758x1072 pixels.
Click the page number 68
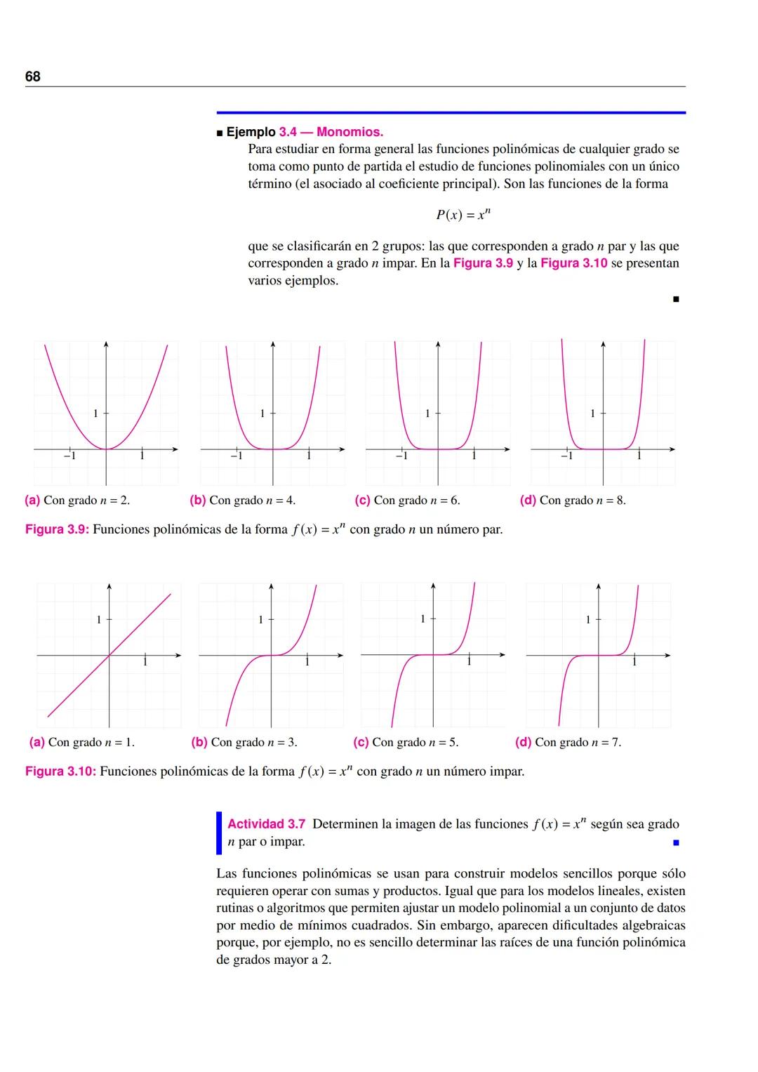point(33,77)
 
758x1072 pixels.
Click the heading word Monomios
point(350,132)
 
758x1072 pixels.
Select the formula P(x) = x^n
point(463,215)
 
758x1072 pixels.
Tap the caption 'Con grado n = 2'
point(86,501)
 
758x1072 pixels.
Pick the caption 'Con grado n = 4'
point(252,501)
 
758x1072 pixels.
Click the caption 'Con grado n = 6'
point(417,501)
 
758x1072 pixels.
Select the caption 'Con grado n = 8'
point(583,501)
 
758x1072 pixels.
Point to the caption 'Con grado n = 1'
point(91,742)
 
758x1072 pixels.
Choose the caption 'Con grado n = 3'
point(253,742)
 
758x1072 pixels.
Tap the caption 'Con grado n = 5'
point(415,742)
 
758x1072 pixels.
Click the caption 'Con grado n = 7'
point(578,742)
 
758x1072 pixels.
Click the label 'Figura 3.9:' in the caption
point(57,529)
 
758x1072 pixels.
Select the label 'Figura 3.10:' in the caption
point(60,772)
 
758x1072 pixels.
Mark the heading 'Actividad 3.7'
point(266,824)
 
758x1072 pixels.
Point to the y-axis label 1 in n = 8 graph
point(592,413)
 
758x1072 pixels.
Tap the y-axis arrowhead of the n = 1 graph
point(109,585)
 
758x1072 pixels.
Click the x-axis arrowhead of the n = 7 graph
point(672,656)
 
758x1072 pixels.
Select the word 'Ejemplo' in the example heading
point(251,132)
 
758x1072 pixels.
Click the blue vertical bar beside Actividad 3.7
point(219,833)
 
